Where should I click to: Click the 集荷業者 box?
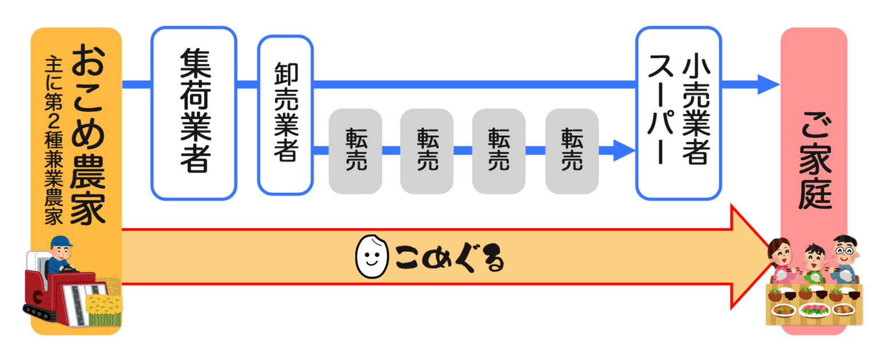tap(193, 113)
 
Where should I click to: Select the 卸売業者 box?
tap(285, 114)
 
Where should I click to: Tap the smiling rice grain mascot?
tap(369, 257)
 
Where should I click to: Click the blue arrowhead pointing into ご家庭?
tap(768, 85)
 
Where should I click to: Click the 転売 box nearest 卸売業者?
tap(355, 151)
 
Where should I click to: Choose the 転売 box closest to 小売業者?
tap(572, 151)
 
